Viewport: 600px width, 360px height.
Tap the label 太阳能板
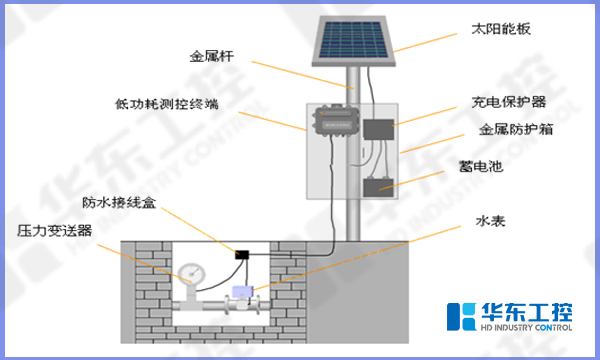click(508, 29)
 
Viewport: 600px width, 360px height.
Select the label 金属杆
click(213, 56)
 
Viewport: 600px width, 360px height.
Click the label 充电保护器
click(507, 102)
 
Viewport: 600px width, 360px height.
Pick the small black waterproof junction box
click(241, 255)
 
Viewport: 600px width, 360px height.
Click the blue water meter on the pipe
click(239, 293)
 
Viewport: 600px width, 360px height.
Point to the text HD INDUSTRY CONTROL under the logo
click(526, 327)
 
